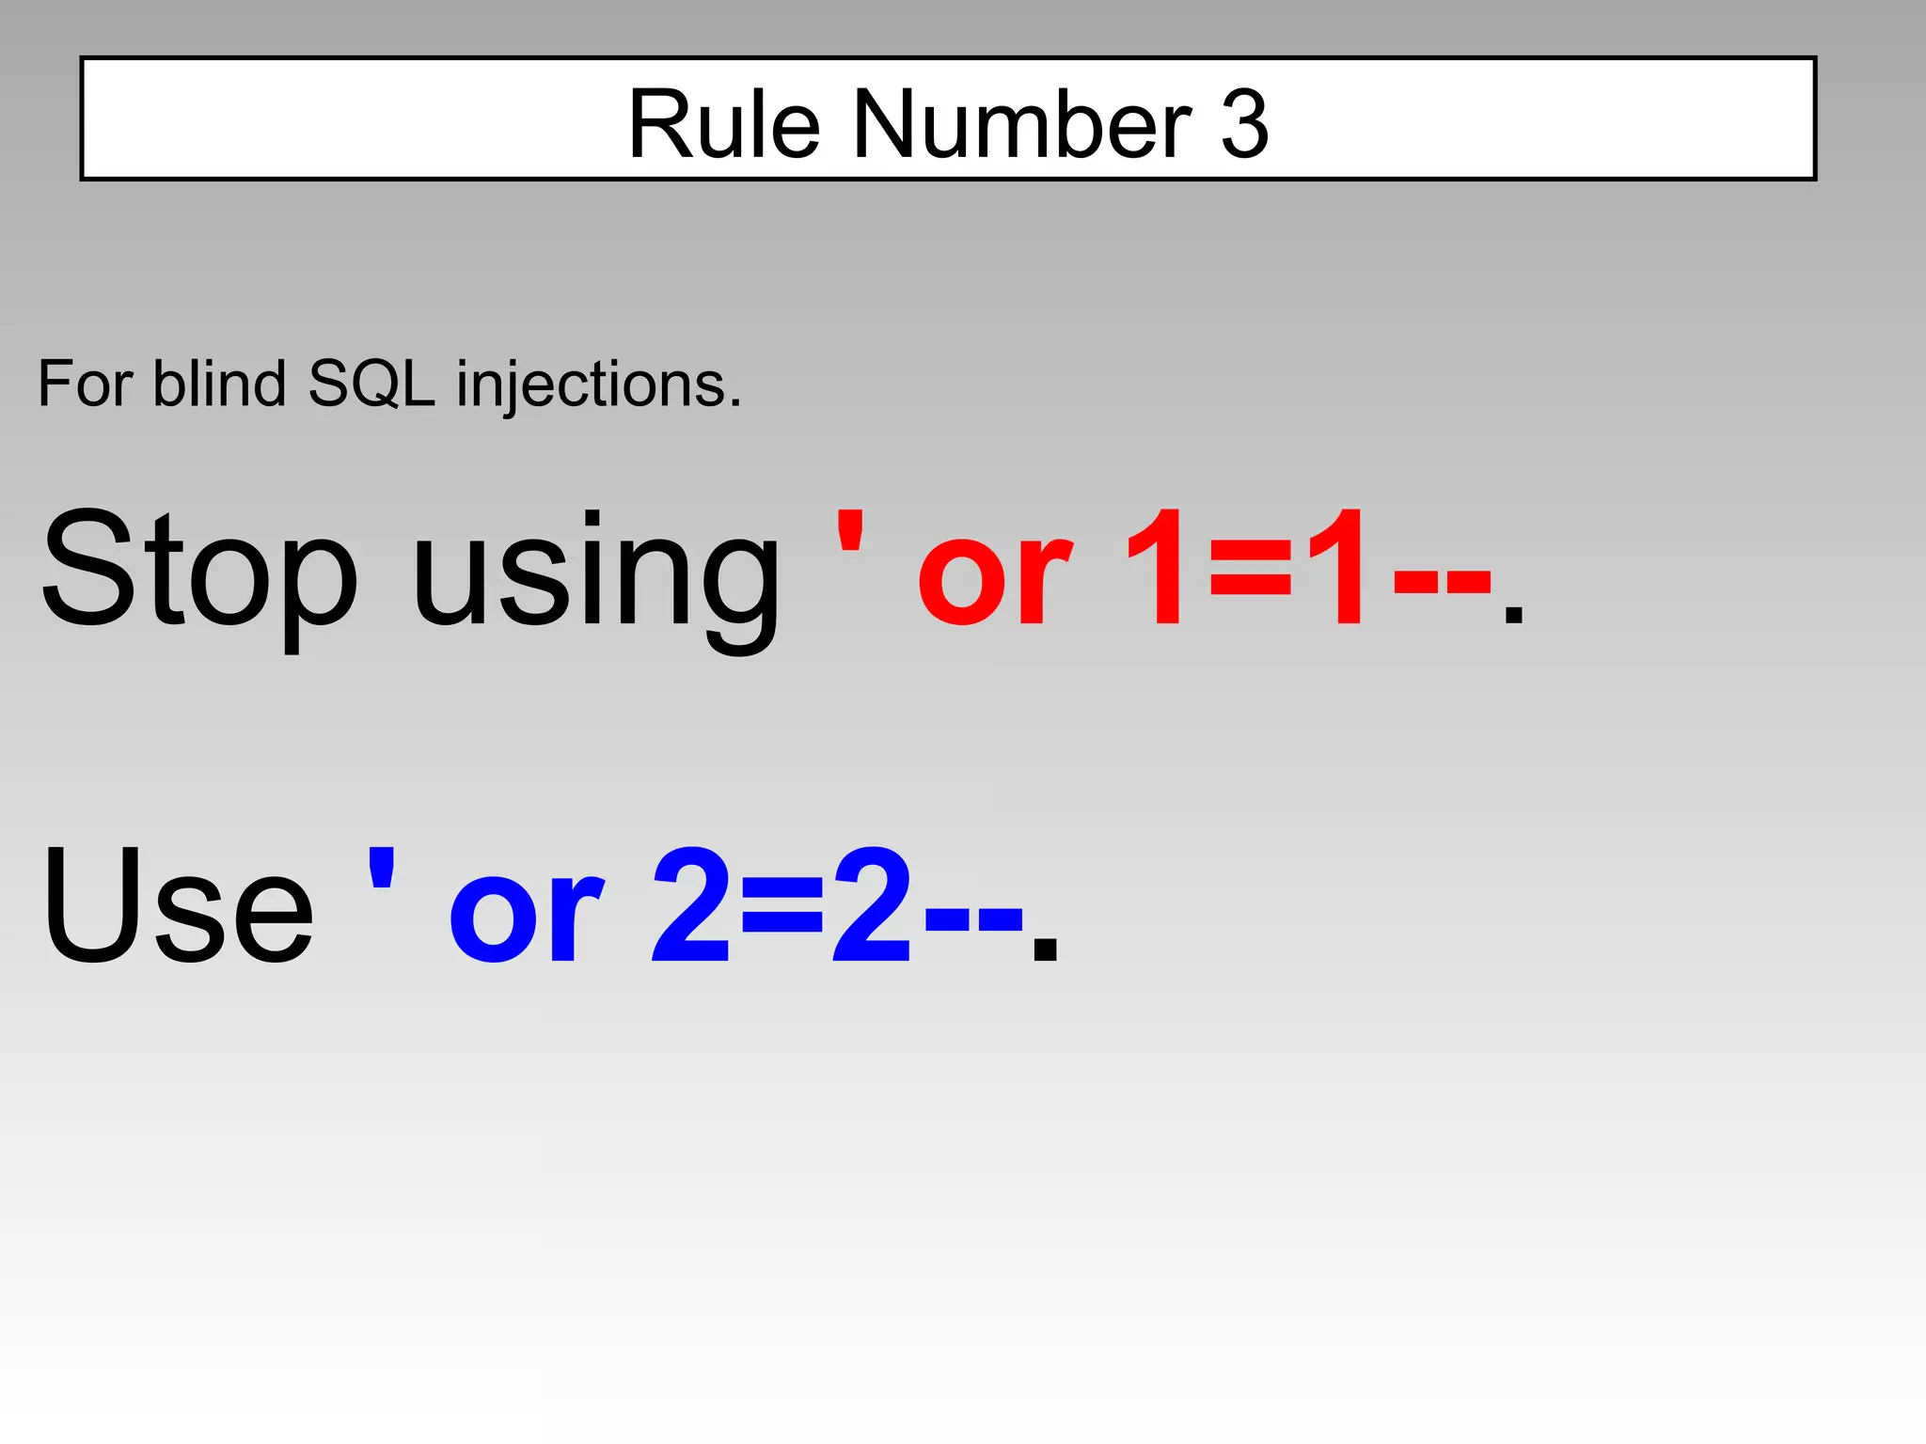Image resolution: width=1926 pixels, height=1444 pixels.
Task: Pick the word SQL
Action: pyautogui.click(x=371, y=385)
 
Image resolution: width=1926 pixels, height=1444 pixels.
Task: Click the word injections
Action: pyautogui.click(x=598, y=385)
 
